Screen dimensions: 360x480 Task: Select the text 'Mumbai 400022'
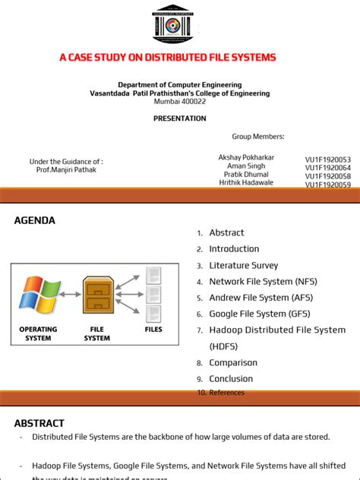pyautogui.click(x=179, y=102)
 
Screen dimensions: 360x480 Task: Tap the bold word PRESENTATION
pyautogui.click(x=179, y=118)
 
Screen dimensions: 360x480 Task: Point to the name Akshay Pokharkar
pyautogui.click(x=247, y=156)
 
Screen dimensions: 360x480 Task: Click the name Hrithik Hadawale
pyautogui.click(x=246, y=183)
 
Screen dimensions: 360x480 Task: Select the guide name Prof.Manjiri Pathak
pyautogui.click(x=65, y=170)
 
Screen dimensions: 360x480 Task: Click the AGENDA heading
pyautogui.click(x=35, y=221)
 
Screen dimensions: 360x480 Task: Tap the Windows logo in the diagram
pyautogui.click(x=39, y=295)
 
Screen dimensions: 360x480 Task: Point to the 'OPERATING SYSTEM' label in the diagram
pyautogui.click(x=38, y=333)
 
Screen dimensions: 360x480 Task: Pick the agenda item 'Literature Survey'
pyautogui.click(x=243, y=266)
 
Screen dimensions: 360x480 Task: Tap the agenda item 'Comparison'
pyautogui.click(x=233, y=363)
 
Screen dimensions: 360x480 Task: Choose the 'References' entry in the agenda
pyautogui.click(x=226, y=393)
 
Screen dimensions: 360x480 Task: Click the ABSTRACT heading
pyautogui.click(x=39, y=423)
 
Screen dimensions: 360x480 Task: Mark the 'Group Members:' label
pyautogui.click(x=258, y=137)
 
